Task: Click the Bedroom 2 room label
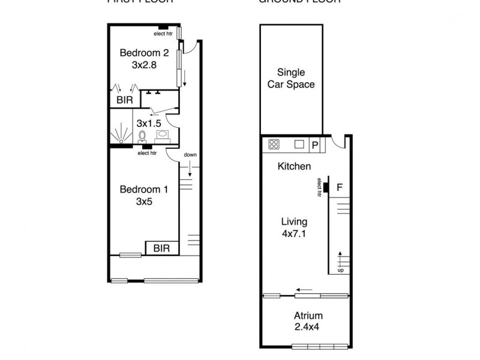point(143,58)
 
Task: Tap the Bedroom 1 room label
point(144,196)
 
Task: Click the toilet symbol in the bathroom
point(143,137)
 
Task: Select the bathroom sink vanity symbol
point(163,136)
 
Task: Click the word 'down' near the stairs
point(191,155)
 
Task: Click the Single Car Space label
point(292,79)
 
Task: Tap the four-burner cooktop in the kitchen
point(274,144)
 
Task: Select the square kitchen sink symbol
point(299,144)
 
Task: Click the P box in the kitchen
point(315,145)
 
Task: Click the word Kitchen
point(294,166)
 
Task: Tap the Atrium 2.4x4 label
point(308,322)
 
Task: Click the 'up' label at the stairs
point(341,270)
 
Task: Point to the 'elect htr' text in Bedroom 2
point(163,34)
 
